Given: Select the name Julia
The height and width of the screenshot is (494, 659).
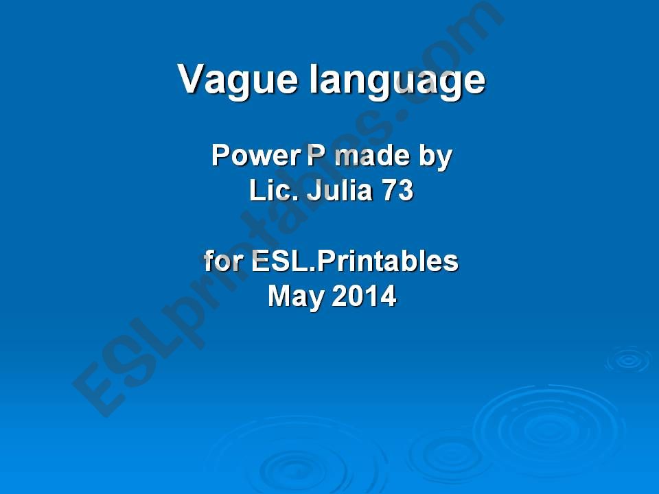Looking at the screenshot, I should [x=337, y=191].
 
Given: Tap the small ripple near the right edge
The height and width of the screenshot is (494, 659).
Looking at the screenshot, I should [x=628, y=360].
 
